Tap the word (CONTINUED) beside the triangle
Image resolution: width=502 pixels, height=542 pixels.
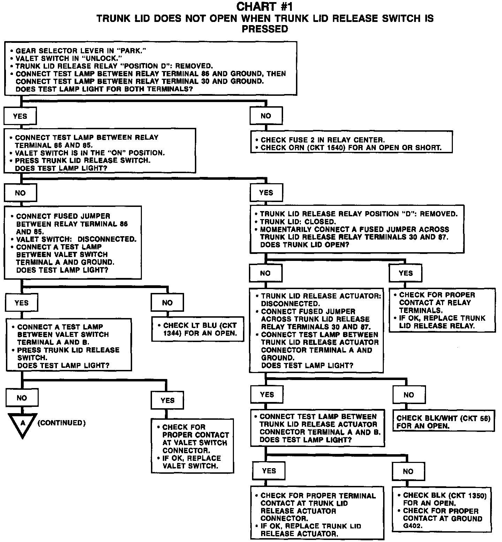pos(61,423)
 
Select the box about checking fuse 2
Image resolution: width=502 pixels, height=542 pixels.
pos(351,142)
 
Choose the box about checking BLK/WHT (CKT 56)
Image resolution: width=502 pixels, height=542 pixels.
pos(443,421)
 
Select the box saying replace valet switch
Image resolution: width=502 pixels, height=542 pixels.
pos(192,446)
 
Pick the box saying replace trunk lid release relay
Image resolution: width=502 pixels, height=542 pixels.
pos(442,310)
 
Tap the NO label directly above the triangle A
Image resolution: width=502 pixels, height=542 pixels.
pos(22,398)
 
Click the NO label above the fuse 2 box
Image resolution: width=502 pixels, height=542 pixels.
pos(266,116)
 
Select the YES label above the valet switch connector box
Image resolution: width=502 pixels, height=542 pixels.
pos(167,400)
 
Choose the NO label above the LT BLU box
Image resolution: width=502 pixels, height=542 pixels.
pos(167,303)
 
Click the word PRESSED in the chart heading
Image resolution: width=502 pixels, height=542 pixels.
pos(265,29)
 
